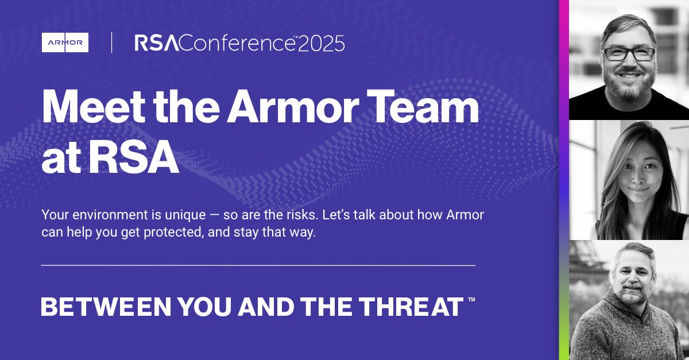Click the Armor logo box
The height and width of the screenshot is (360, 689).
pyautogui.click(x=65, y=42)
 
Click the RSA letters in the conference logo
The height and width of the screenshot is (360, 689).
pyautogui.click(x=153, y=43)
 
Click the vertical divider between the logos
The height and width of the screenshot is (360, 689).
pyautogui.click(x=111, y=42)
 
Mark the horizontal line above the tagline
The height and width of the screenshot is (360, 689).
pyautogui.click(x=258, y=266)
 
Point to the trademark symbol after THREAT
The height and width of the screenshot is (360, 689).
pyautogui.click(x=471, y=300)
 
